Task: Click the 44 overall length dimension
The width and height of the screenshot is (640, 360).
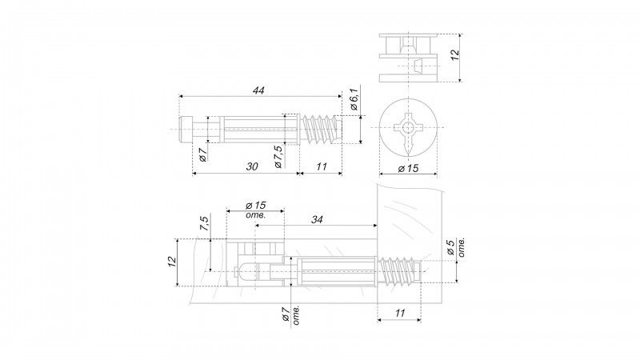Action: point(258,90)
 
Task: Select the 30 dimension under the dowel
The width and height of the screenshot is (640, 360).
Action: point(252,166)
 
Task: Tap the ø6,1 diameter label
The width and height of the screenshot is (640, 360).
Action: point(354,99)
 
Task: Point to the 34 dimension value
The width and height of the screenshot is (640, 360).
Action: point(317,219)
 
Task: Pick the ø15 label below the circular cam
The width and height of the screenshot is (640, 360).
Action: point(408,168)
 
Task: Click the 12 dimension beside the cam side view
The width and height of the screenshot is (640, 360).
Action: point(454,55)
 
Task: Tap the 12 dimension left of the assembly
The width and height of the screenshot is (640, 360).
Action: point(172,262)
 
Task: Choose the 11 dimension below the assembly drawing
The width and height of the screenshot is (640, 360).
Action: point(400,313)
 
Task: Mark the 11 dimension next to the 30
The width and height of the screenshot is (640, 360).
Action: point(322,166)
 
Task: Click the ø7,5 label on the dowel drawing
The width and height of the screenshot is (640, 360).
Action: point(278,157)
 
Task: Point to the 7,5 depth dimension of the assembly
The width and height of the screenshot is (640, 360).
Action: point(205,224)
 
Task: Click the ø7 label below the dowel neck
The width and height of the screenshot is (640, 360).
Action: point(203,154)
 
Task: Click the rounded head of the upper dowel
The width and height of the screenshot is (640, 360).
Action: point(186,130)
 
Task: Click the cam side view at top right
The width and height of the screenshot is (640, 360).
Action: point(408,58)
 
